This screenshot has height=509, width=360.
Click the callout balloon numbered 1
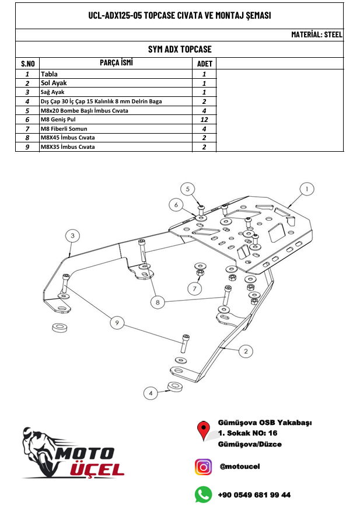point(307,189)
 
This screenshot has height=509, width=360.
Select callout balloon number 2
point(247,350)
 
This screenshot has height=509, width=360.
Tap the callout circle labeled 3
point(71,236)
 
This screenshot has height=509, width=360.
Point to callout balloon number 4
point(151,393)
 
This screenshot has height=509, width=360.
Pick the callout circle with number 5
point(187,189)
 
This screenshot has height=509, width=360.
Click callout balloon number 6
point(175,204)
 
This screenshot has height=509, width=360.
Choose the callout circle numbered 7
point(194,288)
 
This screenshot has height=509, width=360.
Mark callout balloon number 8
point(157,302)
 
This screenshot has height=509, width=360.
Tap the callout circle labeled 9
point(117,322)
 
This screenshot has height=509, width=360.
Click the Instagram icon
point(203,467)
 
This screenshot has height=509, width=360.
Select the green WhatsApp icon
point(203,495)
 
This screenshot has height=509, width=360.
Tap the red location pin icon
point(204,430)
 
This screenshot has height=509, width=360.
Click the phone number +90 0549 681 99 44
point(254,495)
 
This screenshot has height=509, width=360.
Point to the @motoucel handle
point(240,466)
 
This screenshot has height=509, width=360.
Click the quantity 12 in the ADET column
point(204,119)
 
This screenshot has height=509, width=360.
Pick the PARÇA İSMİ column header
point(116,62)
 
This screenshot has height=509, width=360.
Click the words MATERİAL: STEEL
point(317,35)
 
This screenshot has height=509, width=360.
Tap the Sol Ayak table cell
point(54,83)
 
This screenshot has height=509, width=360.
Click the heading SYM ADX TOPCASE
point(180,49)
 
